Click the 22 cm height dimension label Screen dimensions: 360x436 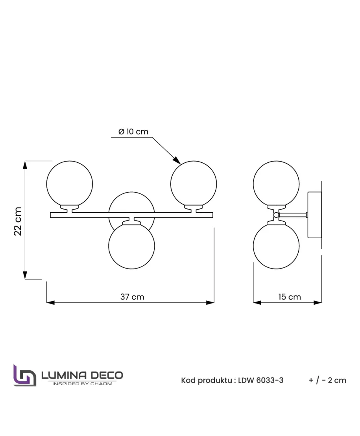click(18, 221)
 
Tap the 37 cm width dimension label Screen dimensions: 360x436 click(132, 297)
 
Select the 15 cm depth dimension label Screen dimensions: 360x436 click(290, 297)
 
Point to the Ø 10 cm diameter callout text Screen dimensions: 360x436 click(133, 132)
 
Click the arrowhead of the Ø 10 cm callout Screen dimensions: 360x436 click(177, 160)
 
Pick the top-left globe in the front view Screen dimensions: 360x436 click(70, 184)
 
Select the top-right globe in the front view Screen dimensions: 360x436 click(194, 184)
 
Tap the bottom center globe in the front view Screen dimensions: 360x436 click(131, 246)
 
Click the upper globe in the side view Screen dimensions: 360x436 click(276, 184)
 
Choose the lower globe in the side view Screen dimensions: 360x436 click(276, 246)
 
